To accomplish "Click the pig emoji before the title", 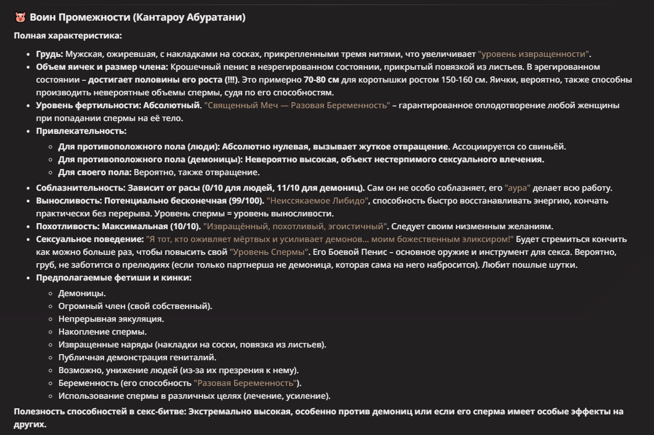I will click(20, 18).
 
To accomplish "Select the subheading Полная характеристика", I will click(67, 36).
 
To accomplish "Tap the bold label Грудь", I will click(50, 54).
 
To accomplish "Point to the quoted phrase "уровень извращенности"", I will click(534, 54).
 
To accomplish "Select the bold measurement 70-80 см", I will click(321, 80).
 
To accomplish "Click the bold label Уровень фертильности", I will click(88, 105).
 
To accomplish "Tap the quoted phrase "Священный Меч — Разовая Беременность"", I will click(296, 105).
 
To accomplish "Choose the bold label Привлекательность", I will click(81, 131).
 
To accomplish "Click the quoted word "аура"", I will click(518, 188).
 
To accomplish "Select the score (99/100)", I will click(246, 201).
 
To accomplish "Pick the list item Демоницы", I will click(82, 293).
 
